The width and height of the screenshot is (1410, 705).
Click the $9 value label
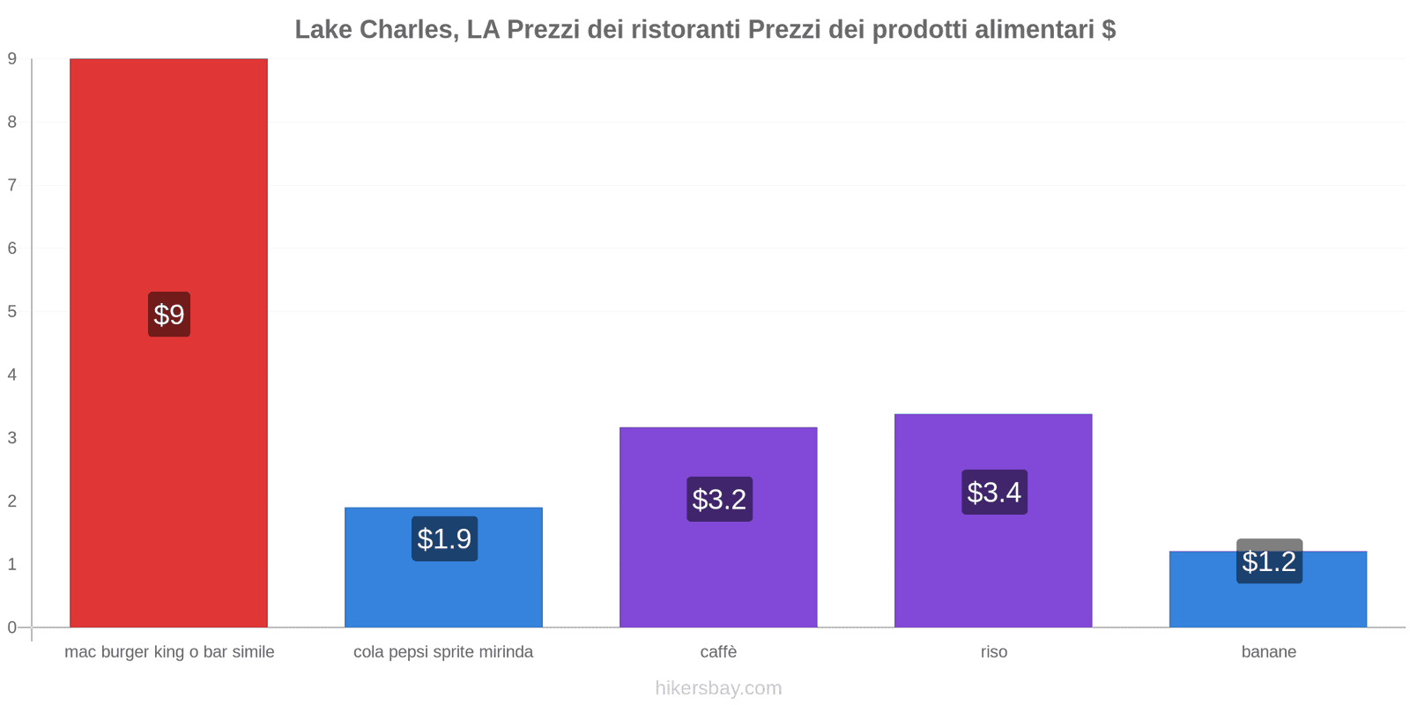(169, 315)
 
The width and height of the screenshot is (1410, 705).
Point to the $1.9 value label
(444, 538)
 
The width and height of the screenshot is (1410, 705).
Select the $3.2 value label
(719, 500)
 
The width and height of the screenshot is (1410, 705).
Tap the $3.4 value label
(994, 493)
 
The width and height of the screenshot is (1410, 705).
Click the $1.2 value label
(1269, 561)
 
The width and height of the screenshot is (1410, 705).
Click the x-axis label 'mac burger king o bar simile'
(169, 652)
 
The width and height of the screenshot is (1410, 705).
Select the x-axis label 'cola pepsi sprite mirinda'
(443, 652)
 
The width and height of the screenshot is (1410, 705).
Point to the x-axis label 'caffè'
(718, 652)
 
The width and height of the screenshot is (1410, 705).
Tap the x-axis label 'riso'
(994, 652)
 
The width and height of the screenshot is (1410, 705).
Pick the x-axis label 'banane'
(1268, 652)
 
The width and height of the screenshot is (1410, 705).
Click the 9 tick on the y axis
(12, 59)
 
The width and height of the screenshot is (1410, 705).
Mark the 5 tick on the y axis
(12, 312)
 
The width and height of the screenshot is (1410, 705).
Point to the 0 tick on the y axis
(12, 627)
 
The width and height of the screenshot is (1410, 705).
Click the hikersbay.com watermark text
(718, 688)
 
